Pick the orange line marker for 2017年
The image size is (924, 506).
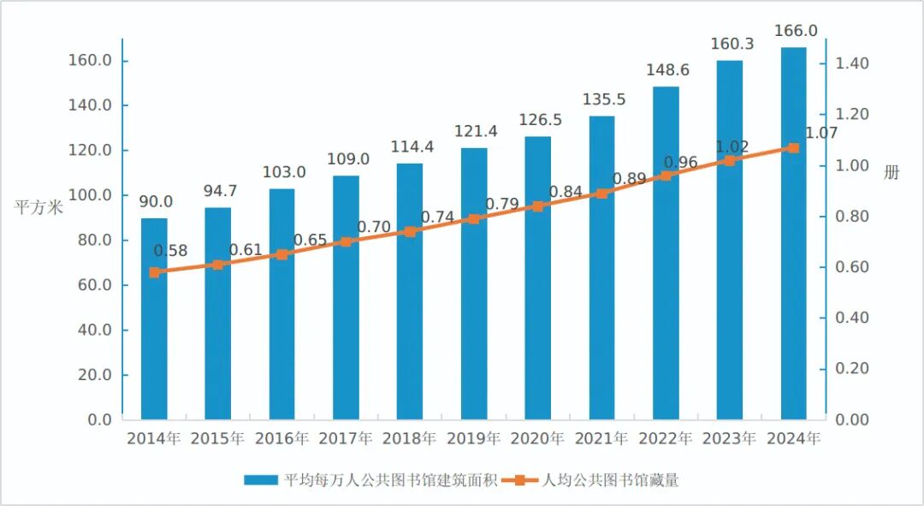pos(346,241)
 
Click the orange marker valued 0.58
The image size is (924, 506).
pos(154,272)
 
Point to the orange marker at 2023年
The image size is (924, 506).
pos(729,161)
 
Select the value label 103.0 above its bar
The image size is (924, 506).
pos(283,172)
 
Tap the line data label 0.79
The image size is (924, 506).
pos(502,204)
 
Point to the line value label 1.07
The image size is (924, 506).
pos(820,133)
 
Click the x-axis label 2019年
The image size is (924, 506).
pos(474,438)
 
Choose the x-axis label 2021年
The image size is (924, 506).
pos(601,438)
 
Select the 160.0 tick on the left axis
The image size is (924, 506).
pos(91,61)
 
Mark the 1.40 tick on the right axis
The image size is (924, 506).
pos(852,64)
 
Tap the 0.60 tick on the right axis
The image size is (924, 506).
pos(852,267)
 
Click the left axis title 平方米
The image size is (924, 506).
pos(38,207)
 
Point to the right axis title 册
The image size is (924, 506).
pos(891,172)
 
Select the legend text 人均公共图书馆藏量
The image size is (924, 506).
pos(610,480)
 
